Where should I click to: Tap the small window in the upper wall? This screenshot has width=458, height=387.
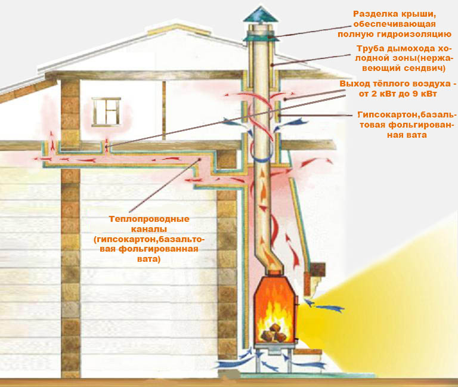pyautogui.click(x=106, y=112)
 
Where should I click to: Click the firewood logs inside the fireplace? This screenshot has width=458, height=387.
pyautogui.click(x=273, y=333)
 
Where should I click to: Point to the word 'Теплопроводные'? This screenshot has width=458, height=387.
pyautogui.click(x=149, y=219)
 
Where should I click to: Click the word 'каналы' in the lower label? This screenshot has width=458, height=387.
pyautogui.click(x=149, y=229)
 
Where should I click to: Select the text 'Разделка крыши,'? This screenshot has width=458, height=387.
pyautogui.click(x=394, y=14)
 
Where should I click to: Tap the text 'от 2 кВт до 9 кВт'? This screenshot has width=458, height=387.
pyautogui.click(x=398, y=94)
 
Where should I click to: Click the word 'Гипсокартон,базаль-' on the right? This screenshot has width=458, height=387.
pyautogui.click(x=407, y=114)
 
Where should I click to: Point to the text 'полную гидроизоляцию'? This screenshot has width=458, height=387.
pyautogui.click(x=395, y=34)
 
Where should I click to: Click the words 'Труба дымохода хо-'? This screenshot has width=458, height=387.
pyautogui.click(x=404, y=48)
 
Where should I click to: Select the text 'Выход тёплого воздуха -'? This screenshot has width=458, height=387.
pyautogui.click(x=398, y=84)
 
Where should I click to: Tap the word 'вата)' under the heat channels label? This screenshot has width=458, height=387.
pyautogui.click(x=148, y=259)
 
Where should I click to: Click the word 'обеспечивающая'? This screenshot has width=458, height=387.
pyautogui.click(x=394, y=24)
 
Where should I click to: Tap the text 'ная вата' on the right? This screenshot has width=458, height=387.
pyautogui.click(x=407, y=135)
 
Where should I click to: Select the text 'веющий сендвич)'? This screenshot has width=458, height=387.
pyautogui.click(x=404, y=69)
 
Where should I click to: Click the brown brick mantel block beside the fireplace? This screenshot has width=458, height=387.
pyautogui.click(x=317, y=270)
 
